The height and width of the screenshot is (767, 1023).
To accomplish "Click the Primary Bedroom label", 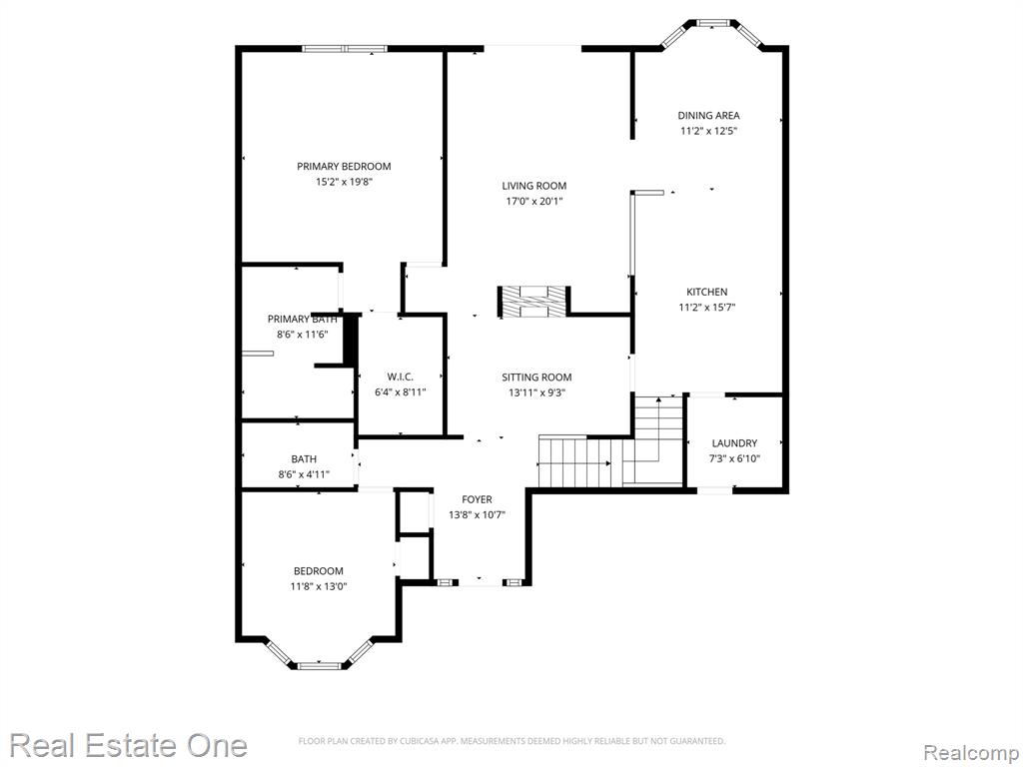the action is pyautogui.click(x=344, y=167).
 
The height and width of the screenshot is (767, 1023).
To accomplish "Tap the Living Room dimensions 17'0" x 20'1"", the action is pyautogui.click(x=534, y=201).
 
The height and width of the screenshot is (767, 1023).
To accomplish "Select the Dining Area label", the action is pyautogui.click(x=708, y=116).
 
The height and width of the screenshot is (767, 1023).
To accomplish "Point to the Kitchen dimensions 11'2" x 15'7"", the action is pyautogui.click(x=707, y=308).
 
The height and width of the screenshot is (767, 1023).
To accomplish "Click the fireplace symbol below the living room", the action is pyautogui.click(x=534, y=302).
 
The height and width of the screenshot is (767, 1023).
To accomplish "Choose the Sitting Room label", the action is pyautogui.click(x=536, y=377).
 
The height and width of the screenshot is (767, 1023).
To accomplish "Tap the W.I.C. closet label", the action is pyautogui.click(x=400, y=377).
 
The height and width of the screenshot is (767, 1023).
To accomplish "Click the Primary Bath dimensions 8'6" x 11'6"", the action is pyautogui.click(x=302, y=334).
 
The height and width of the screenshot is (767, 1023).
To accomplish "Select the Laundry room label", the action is pyautogui.click(x=734, y=442).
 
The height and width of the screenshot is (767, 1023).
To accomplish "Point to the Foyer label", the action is pyautogui.click(x=477, y=499).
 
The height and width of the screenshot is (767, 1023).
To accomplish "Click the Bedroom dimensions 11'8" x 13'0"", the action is pyautogui.click(x=319, y=586).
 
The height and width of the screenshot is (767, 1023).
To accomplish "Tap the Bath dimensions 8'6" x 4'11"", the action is pyautogui.click(x=304, y=474).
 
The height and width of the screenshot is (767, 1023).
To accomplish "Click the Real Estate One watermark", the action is pyautogui.click(x=129, y=745).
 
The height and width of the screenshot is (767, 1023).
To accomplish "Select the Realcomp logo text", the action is pyautogui.click(x=972, y=752).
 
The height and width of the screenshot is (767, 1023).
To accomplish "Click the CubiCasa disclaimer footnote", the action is pyautogui.click(x=511, y=741).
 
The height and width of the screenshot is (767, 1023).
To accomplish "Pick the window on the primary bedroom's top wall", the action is pyautogui.click(x=345, y=48).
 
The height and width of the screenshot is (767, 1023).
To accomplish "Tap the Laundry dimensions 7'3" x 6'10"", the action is pyautogui.click(x=734, y=458).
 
